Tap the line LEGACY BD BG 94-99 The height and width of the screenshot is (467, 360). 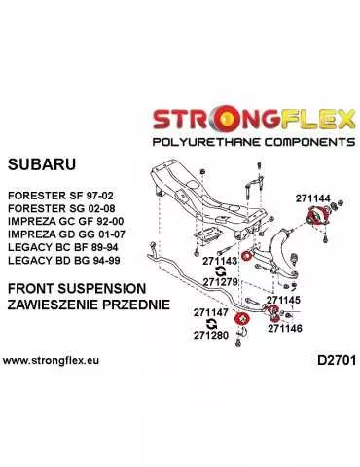(x=61, y=264)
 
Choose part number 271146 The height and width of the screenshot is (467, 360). (x=286, y=328)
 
